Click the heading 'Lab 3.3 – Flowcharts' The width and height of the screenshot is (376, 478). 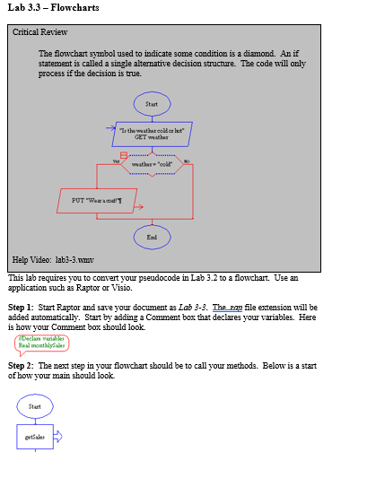pos(52,8)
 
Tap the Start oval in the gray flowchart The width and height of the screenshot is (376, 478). pos(151,104)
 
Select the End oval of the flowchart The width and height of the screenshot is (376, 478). pos(151,237)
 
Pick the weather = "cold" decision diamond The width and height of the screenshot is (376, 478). pos(152,164)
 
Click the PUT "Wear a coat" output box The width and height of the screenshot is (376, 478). pos(94,200)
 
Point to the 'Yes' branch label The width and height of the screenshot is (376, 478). pos(115,160)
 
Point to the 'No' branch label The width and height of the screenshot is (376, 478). pos(187,160)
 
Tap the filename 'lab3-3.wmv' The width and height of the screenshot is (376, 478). pos(74,260)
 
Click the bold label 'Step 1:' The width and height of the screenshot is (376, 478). pos(21,307)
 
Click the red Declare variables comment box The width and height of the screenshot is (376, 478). pos(42,342)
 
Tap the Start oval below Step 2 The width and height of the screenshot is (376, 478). pos(34,406)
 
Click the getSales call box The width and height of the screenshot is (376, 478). pos(35,437)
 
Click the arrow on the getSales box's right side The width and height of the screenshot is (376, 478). pos(59,437)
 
